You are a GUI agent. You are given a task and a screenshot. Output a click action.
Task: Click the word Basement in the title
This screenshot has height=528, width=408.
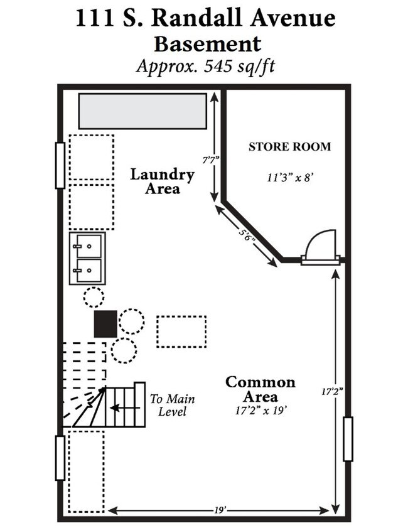pos(207,44)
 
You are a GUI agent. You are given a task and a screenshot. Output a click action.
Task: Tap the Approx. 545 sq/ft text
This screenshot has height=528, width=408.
pos(205,66)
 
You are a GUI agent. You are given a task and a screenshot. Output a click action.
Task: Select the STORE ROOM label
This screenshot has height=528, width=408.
pos(289,147)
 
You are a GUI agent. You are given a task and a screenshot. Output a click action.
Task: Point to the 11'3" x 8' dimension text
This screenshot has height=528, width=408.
pos(290,177)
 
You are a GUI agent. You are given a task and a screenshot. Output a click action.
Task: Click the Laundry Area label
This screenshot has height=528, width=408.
pos(162,181)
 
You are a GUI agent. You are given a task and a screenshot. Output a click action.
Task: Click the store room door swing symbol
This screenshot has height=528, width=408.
pos(321,246)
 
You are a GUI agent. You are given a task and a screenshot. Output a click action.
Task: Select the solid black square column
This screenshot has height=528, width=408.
pos(105,324)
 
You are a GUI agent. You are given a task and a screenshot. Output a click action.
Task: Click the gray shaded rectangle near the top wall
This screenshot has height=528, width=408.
pos(142,111)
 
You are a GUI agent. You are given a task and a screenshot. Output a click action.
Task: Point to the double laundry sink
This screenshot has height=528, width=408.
pos(87,258)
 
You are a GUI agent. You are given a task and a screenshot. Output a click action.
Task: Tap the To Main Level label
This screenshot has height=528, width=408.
pos(172,405)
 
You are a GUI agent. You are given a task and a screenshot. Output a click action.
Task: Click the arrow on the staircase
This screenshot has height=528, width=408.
pos(125,408)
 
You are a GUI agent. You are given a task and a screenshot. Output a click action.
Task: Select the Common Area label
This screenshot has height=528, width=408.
pos(260,389)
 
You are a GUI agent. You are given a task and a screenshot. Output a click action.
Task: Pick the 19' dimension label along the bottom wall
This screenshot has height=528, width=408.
pos(220,510)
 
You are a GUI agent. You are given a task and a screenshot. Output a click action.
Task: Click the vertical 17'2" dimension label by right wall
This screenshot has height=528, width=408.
pos(332,392)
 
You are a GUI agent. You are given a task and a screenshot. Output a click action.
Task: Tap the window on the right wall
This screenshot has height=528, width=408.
pos(348,439)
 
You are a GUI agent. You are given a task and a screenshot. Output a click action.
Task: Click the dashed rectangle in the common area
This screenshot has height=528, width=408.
pos(181,331)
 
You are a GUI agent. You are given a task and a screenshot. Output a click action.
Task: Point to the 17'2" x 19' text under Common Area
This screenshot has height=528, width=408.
pos(261,411)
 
